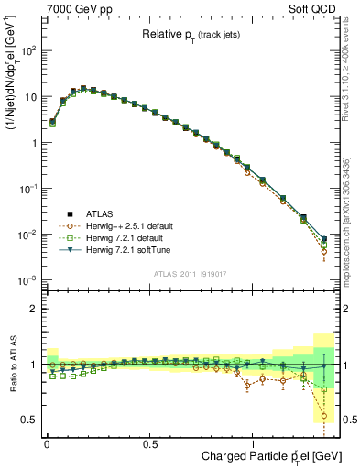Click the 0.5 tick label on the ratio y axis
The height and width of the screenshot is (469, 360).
click(x=28, y=420)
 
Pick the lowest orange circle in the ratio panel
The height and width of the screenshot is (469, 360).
click(x=324, y=416)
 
